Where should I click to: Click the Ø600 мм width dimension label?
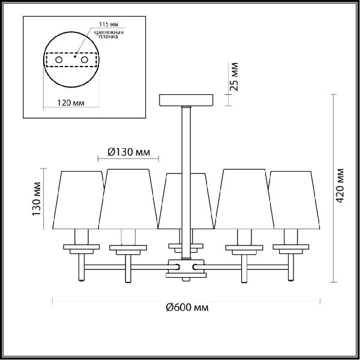pyautogui.click(x=187, y=307)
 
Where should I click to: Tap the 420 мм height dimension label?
pyautogui.click(x=340, y=186)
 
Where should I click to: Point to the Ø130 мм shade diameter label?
pyautogui.click(x=129, y=152)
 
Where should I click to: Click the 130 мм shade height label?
pyautogui.click(x=36, y=199)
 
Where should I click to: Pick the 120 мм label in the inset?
pyautogui.click(x=71, y=103)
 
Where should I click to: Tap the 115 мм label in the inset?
pyautogui.click(x=109, y=25)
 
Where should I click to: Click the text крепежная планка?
pyautogui.click(x=109, y=34)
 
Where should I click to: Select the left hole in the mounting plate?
pyautogui.click(x=59, y=60)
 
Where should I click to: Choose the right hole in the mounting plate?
pyautogui.click(x=85, y=60)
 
